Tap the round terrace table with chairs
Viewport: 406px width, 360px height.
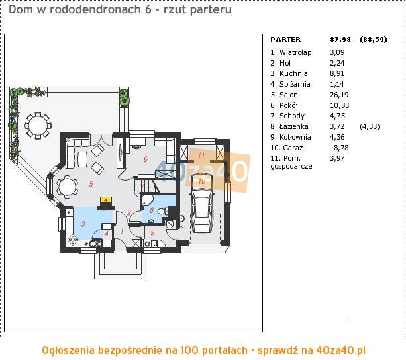(38, 126)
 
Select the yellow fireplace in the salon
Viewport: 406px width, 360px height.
(106, 202)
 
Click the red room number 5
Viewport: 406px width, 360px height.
(91, 184)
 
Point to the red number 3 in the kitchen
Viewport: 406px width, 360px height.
(83, 224)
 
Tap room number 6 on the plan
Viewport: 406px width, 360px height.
(146, 159)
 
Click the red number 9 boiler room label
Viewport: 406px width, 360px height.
(152, 232)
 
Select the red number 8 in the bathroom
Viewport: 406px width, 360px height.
(152, 210)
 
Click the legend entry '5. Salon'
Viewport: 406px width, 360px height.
(284, 95)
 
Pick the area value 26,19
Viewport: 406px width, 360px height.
(339, 95)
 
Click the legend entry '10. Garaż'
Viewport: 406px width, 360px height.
(287, 148)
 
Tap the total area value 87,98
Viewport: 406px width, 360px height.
(340, 39)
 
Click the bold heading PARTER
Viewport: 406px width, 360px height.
(285, 39)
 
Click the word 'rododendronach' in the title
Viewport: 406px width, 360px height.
(95, 9)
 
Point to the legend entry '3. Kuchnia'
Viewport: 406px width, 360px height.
(289, 73)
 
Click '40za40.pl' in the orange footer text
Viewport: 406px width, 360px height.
(340, 351)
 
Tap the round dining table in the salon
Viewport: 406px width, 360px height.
(68, 187)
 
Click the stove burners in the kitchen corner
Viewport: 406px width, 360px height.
(72, 240)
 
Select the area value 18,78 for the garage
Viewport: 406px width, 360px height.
(339, 148)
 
